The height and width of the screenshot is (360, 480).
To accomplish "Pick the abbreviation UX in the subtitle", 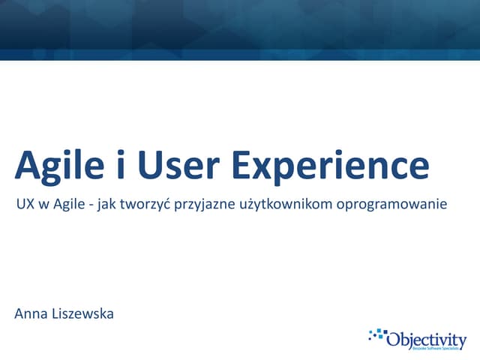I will click(24, 203).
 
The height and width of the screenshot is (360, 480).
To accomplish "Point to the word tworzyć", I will click(148, 204).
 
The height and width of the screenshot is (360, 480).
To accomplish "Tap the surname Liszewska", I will click(83, 313).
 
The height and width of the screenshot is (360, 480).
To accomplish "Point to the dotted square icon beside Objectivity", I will click(377, 334).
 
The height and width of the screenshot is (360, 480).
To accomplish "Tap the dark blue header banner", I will click(240, 28).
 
